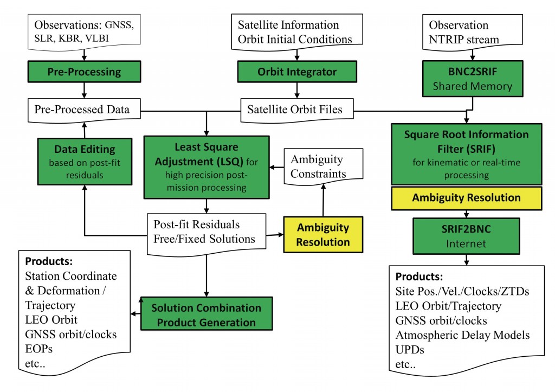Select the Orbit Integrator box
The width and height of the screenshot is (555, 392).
tap(296, 71)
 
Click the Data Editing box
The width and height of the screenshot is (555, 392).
tap(85, 162)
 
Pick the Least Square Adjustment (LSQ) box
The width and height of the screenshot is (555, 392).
tap(206, 166)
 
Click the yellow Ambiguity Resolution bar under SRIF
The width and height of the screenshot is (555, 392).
tap(467, 198)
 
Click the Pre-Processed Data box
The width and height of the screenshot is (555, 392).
tap(82, 110)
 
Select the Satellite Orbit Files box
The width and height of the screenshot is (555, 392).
tap(295, 110)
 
